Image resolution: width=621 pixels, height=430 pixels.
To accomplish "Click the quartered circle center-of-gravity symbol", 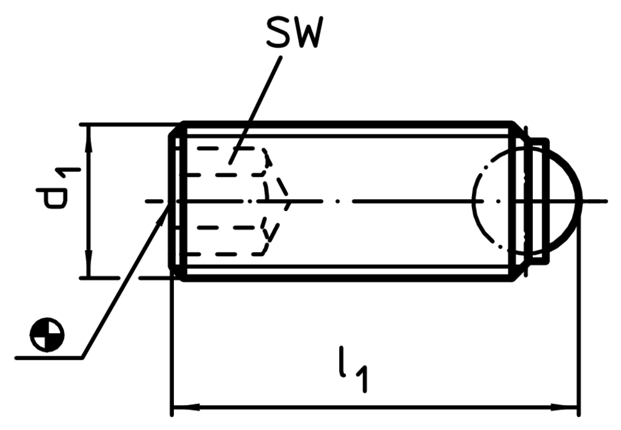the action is click(x=47, y=334).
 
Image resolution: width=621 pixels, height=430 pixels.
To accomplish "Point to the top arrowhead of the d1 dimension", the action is click(x=89, y=138).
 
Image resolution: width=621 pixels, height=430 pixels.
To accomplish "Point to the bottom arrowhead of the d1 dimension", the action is click(x=89, y=264).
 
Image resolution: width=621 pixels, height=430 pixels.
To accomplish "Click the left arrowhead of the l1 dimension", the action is click(x=186, y=406).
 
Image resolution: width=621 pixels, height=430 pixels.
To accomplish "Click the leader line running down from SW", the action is click(x=255, y=110).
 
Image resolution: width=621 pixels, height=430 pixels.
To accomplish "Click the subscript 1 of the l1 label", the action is click(x=361, y=380).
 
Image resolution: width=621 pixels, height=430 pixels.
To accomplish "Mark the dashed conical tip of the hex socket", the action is click(x=277, y=201).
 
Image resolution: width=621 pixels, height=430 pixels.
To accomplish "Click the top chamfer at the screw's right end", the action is click(x=520, y=130).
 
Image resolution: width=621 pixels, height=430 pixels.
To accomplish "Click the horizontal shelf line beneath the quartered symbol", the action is click(x=49, y=358).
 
